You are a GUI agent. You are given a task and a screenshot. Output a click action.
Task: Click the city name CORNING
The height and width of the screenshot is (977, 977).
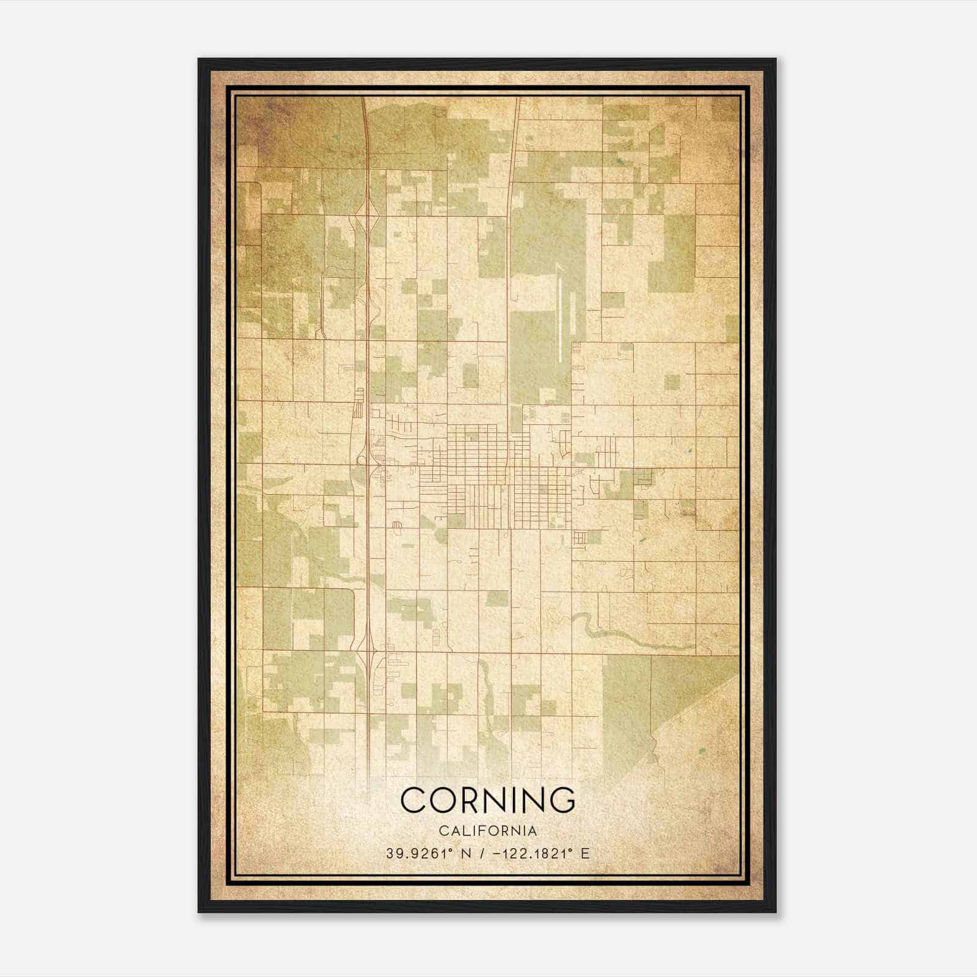(x=488, y=799)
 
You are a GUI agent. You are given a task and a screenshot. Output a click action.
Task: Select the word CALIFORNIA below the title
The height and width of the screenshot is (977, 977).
(x=488, y=831)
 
